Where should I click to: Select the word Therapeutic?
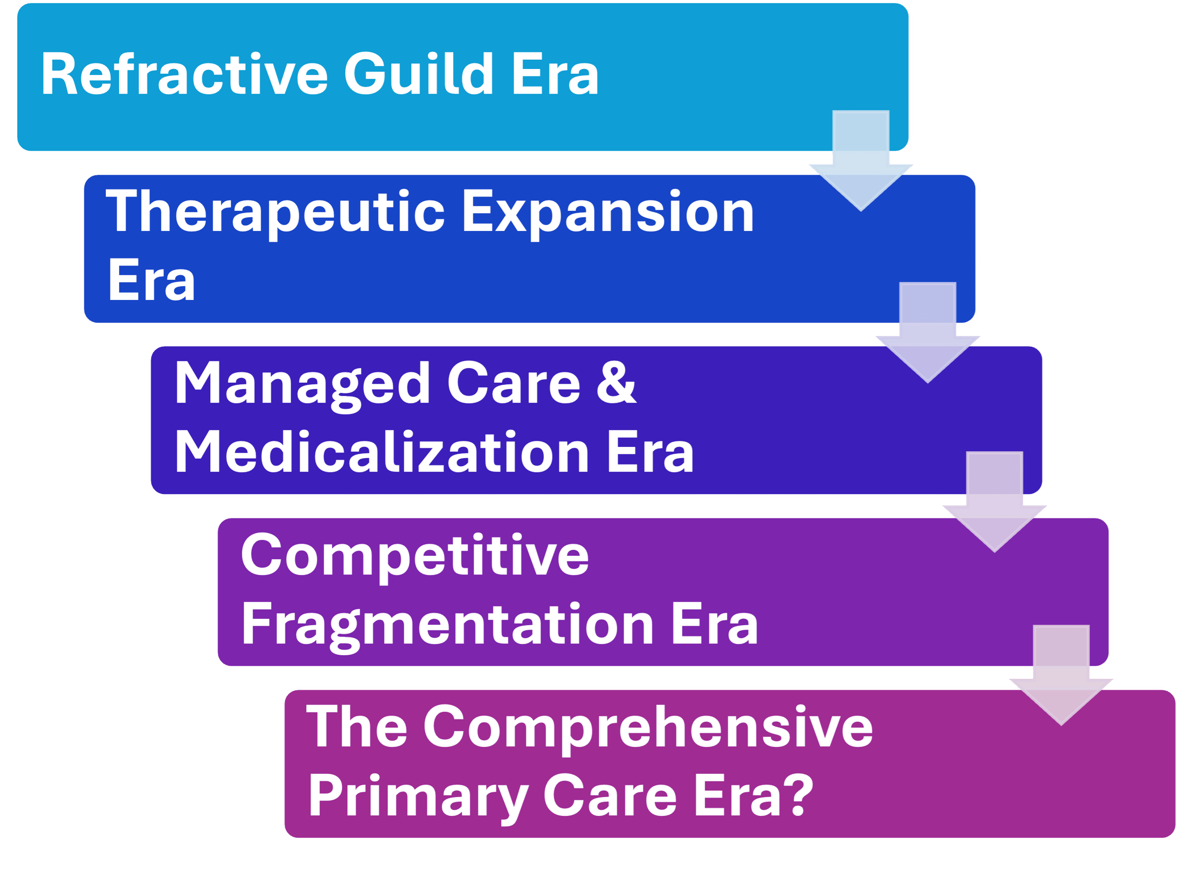(x=275, y=212)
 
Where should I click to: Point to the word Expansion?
(x=608, y=212)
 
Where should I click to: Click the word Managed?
(x=302, y=384)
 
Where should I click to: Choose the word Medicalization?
(x=381, y=452)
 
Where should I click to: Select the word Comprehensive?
(x=648, y=727)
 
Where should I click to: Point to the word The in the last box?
(x=357, y=727)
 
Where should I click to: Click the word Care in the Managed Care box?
(x=513, y=384)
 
